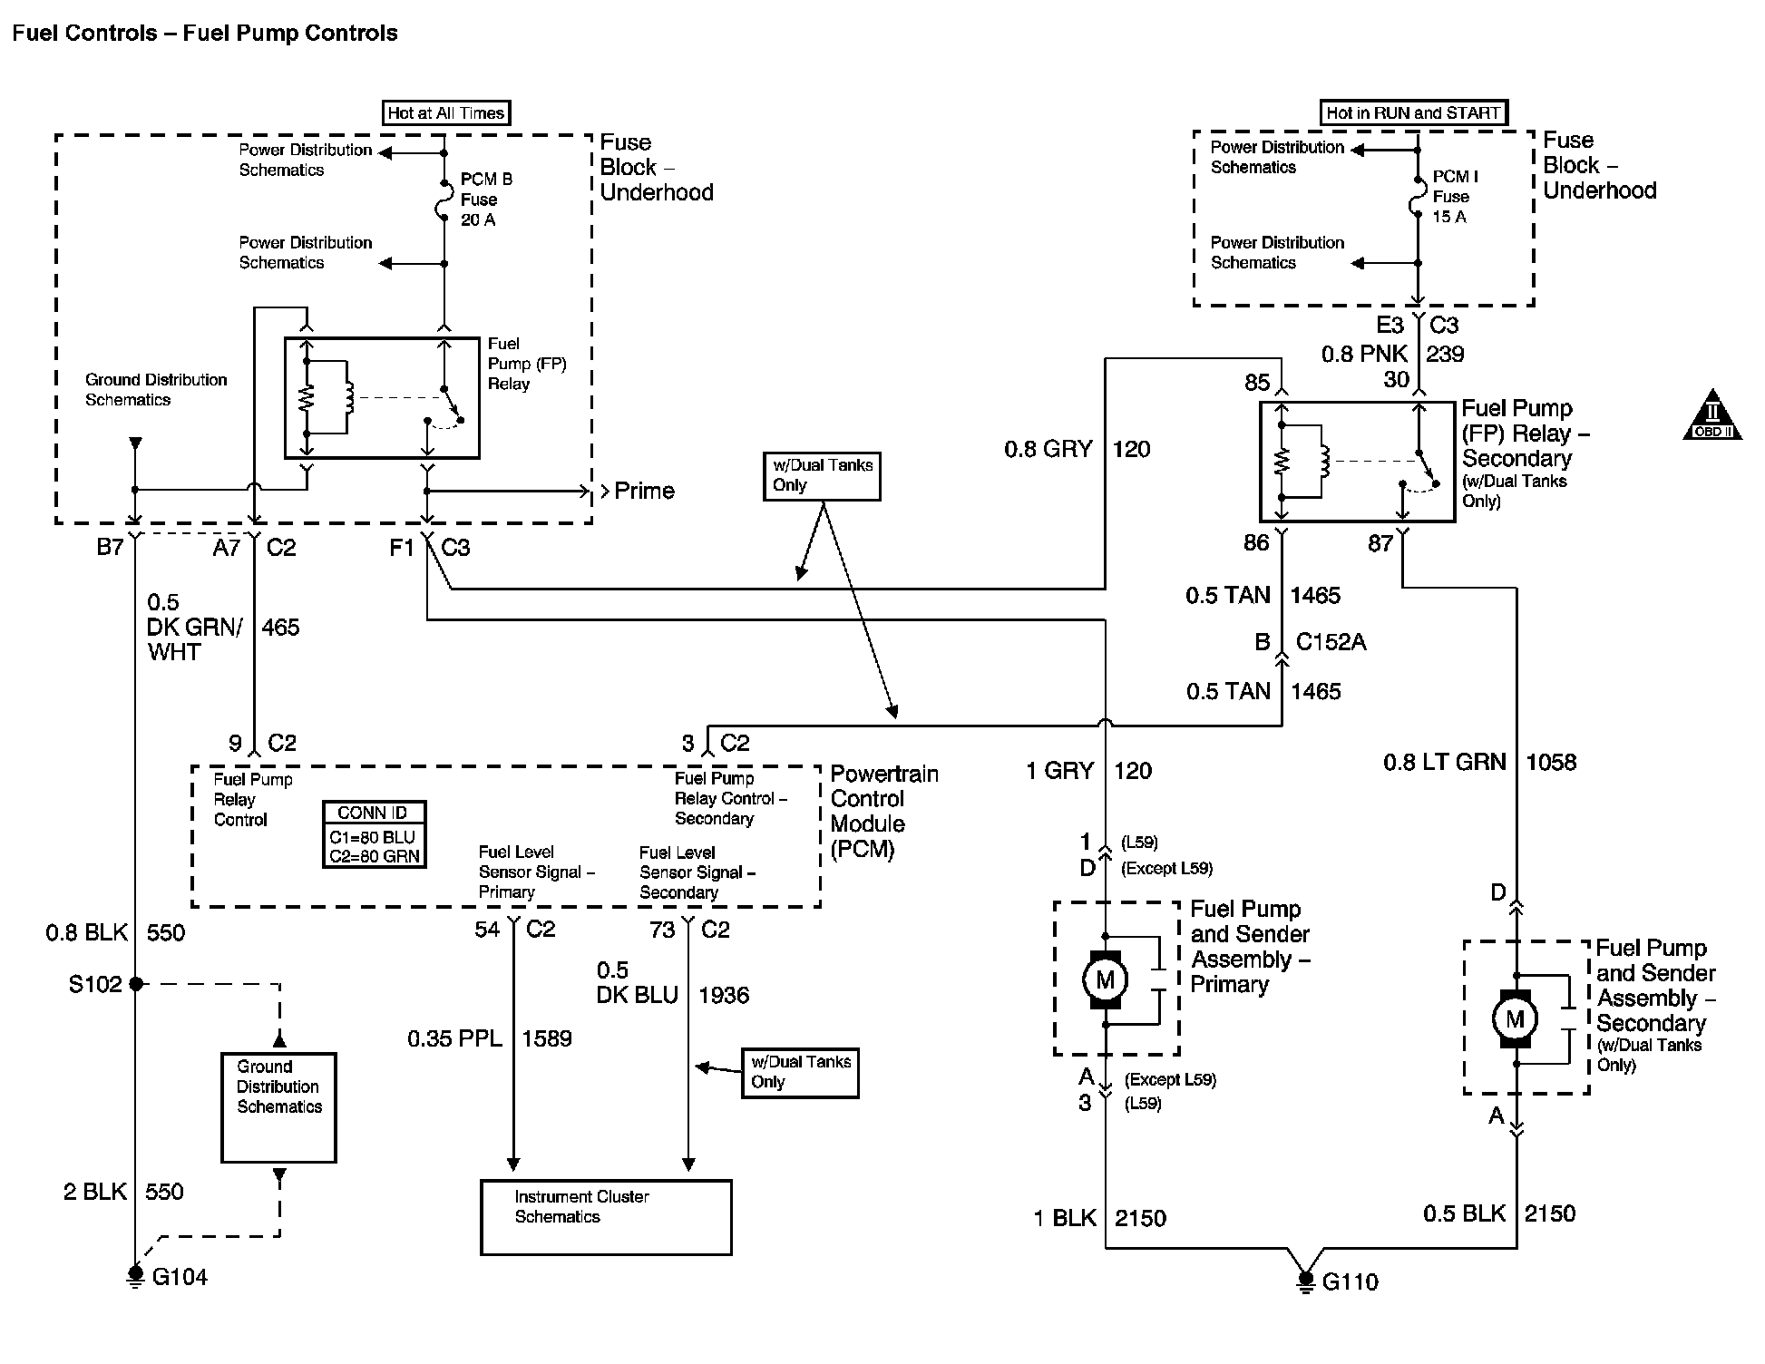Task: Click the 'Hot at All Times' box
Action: click(446, 112)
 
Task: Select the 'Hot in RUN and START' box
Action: click(1413, 112)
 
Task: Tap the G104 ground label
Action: click(180, 1277)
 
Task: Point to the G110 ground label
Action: click(1351, 1281)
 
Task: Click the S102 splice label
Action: click(95, 984)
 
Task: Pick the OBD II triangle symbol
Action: click(1712, 417)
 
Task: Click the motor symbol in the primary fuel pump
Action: click(1106, 979)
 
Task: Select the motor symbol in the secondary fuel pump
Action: click(1516, 1018)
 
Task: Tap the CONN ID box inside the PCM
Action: click(374, 834)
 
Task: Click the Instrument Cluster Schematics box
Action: click(606, 1217)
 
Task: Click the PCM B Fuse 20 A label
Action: click(486, 200)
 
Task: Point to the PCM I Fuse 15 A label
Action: click(1455, 197)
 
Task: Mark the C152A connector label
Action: click(1331, 642)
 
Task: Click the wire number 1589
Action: click(547, 1038)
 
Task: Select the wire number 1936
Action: click(724, 995)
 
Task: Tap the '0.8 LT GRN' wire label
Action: click(1444, 762)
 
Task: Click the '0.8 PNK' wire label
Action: click(1364, 354)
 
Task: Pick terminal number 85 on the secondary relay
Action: click(1257, 383)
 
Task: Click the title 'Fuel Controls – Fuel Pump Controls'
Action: click(205, 34)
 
